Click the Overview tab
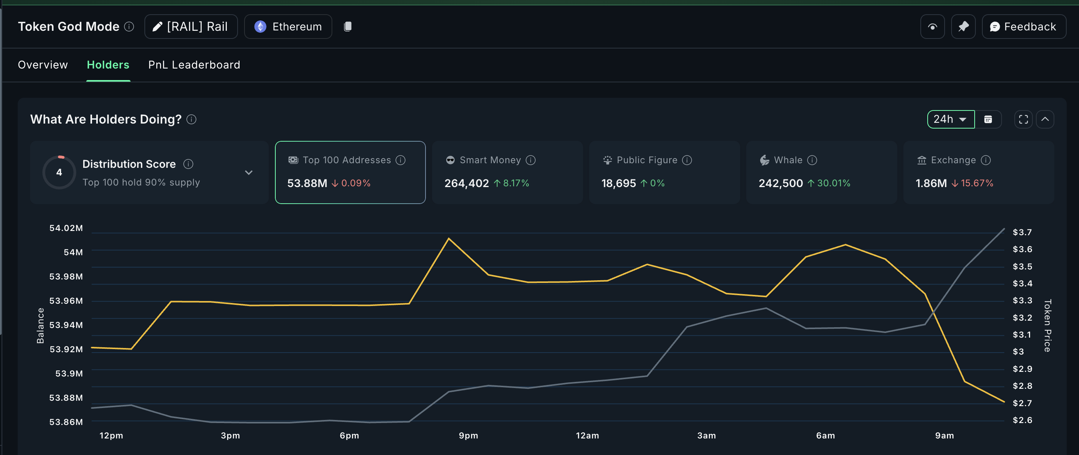[x=43, y=65]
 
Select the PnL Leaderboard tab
[x=194, y=65]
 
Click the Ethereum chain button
[x=288, y=27]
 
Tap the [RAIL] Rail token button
[x=191, y=27]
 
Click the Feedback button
[x=1023, y=27]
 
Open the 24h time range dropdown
[x=950, y=119]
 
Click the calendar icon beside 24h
[x=988, y=119]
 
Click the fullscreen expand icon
[x=1023, y=119]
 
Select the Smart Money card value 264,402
[x=466, y=183]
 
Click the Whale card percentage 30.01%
[x=833, y=183]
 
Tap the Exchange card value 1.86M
[x=931, y=183]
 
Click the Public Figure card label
[x=646, y=160]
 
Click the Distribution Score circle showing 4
[x=59, y=172]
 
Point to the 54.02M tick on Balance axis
[x=66, y=228]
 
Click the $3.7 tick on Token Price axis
[x=1022, y=233]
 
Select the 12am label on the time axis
[x=587, y=435]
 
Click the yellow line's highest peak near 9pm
[x=449, y=239]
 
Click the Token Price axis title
[x=1047, y=326]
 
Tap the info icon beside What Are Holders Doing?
[x=191, y=120]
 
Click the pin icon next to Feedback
[x=963, y=27]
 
